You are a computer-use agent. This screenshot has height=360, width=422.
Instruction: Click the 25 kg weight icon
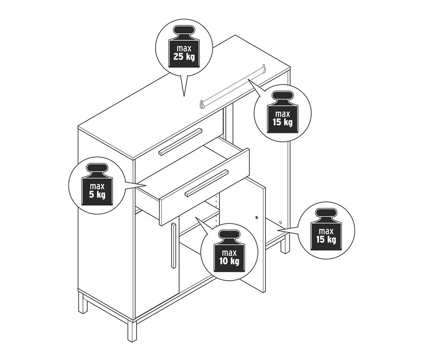[x=184, y=46]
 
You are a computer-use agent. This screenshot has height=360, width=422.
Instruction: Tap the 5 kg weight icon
[x=97, y=184]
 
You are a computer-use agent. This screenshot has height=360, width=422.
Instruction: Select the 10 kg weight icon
[x=229, y=251]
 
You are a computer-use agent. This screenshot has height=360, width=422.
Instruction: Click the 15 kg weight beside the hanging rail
[x=283, y=112]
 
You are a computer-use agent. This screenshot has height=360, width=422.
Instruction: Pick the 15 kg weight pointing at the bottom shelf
[x=326, y=230]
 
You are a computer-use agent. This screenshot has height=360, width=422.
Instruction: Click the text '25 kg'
[x=184, y=57]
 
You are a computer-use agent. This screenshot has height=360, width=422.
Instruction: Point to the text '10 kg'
[x=229, y=261]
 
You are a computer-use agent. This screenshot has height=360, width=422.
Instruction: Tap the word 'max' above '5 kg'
[x=97, y=186]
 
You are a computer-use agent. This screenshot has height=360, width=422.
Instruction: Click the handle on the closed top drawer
[x=180, y=142]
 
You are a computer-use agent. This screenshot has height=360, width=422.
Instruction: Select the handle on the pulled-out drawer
[x=207, y=183]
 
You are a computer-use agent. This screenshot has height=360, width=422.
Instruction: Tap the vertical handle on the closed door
[x=173, y=245]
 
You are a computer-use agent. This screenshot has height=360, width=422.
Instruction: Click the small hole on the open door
[x=256, y=217]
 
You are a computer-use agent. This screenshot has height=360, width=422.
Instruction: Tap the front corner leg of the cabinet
[x=132, y=331]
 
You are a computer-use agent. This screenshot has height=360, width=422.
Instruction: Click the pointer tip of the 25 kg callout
[x=184, y=96]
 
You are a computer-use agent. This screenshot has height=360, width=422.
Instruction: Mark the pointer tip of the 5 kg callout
[x=146, y=185]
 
